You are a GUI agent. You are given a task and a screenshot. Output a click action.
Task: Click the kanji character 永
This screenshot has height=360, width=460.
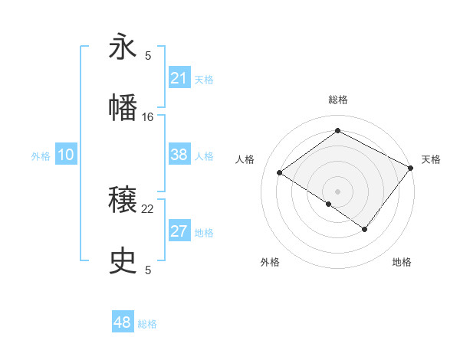123,47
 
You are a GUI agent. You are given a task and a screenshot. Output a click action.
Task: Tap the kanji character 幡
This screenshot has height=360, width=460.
123,107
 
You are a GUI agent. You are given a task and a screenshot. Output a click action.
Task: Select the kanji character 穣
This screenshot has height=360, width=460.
123,201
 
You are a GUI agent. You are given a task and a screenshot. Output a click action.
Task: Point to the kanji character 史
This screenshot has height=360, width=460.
123,261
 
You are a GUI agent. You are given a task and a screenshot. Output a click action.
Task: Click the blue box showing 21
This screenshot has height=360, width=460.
179,78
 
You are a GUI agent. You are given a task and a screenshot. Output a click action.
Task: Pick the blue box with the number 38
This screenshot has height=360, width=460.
179,155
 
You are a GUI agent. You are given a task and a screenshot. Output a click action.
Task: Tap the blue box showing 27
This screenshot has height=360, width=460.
179,231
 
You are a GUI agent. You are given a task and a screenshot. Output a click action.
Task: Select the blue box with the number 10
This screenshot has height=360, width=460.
66,155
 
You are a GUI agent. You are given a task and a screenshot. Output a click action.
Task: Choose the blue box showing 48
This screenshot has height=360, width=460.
123,322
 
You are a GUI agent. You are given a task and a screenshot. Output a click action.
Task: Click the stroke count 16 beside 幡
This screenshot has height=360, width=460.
148,116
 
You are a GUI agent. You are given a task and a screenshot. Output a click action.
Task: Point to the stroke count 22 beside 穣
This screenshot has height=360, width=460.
148,208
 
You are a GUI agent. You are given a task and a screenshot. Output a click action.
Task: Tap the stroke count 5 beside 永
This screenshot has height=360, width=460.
148,55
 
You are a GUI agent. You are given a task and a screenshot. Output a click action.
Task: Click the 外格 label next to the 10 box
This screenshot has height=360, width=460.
41,155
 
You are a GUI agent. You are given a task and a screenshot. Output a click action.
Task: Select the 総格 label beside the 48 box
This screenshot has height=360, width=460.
147,323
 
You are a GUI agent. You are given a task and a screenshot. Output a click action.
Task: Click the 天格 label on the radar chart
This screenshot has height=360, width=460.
431,159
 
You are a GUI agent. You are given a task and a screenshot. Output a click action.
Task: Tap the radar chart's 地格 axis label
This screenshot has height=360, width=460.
402,262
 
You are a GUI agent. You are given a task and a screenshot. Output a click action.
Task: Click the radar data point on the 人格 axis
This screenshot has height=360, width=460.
280,172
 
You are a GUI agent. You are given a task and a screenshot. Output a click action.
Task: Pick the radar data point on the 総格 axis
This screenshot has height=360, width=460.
337,131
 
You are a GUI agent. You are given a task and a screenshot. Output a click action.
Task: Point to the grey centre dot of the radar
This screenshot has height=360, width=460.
337,191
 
